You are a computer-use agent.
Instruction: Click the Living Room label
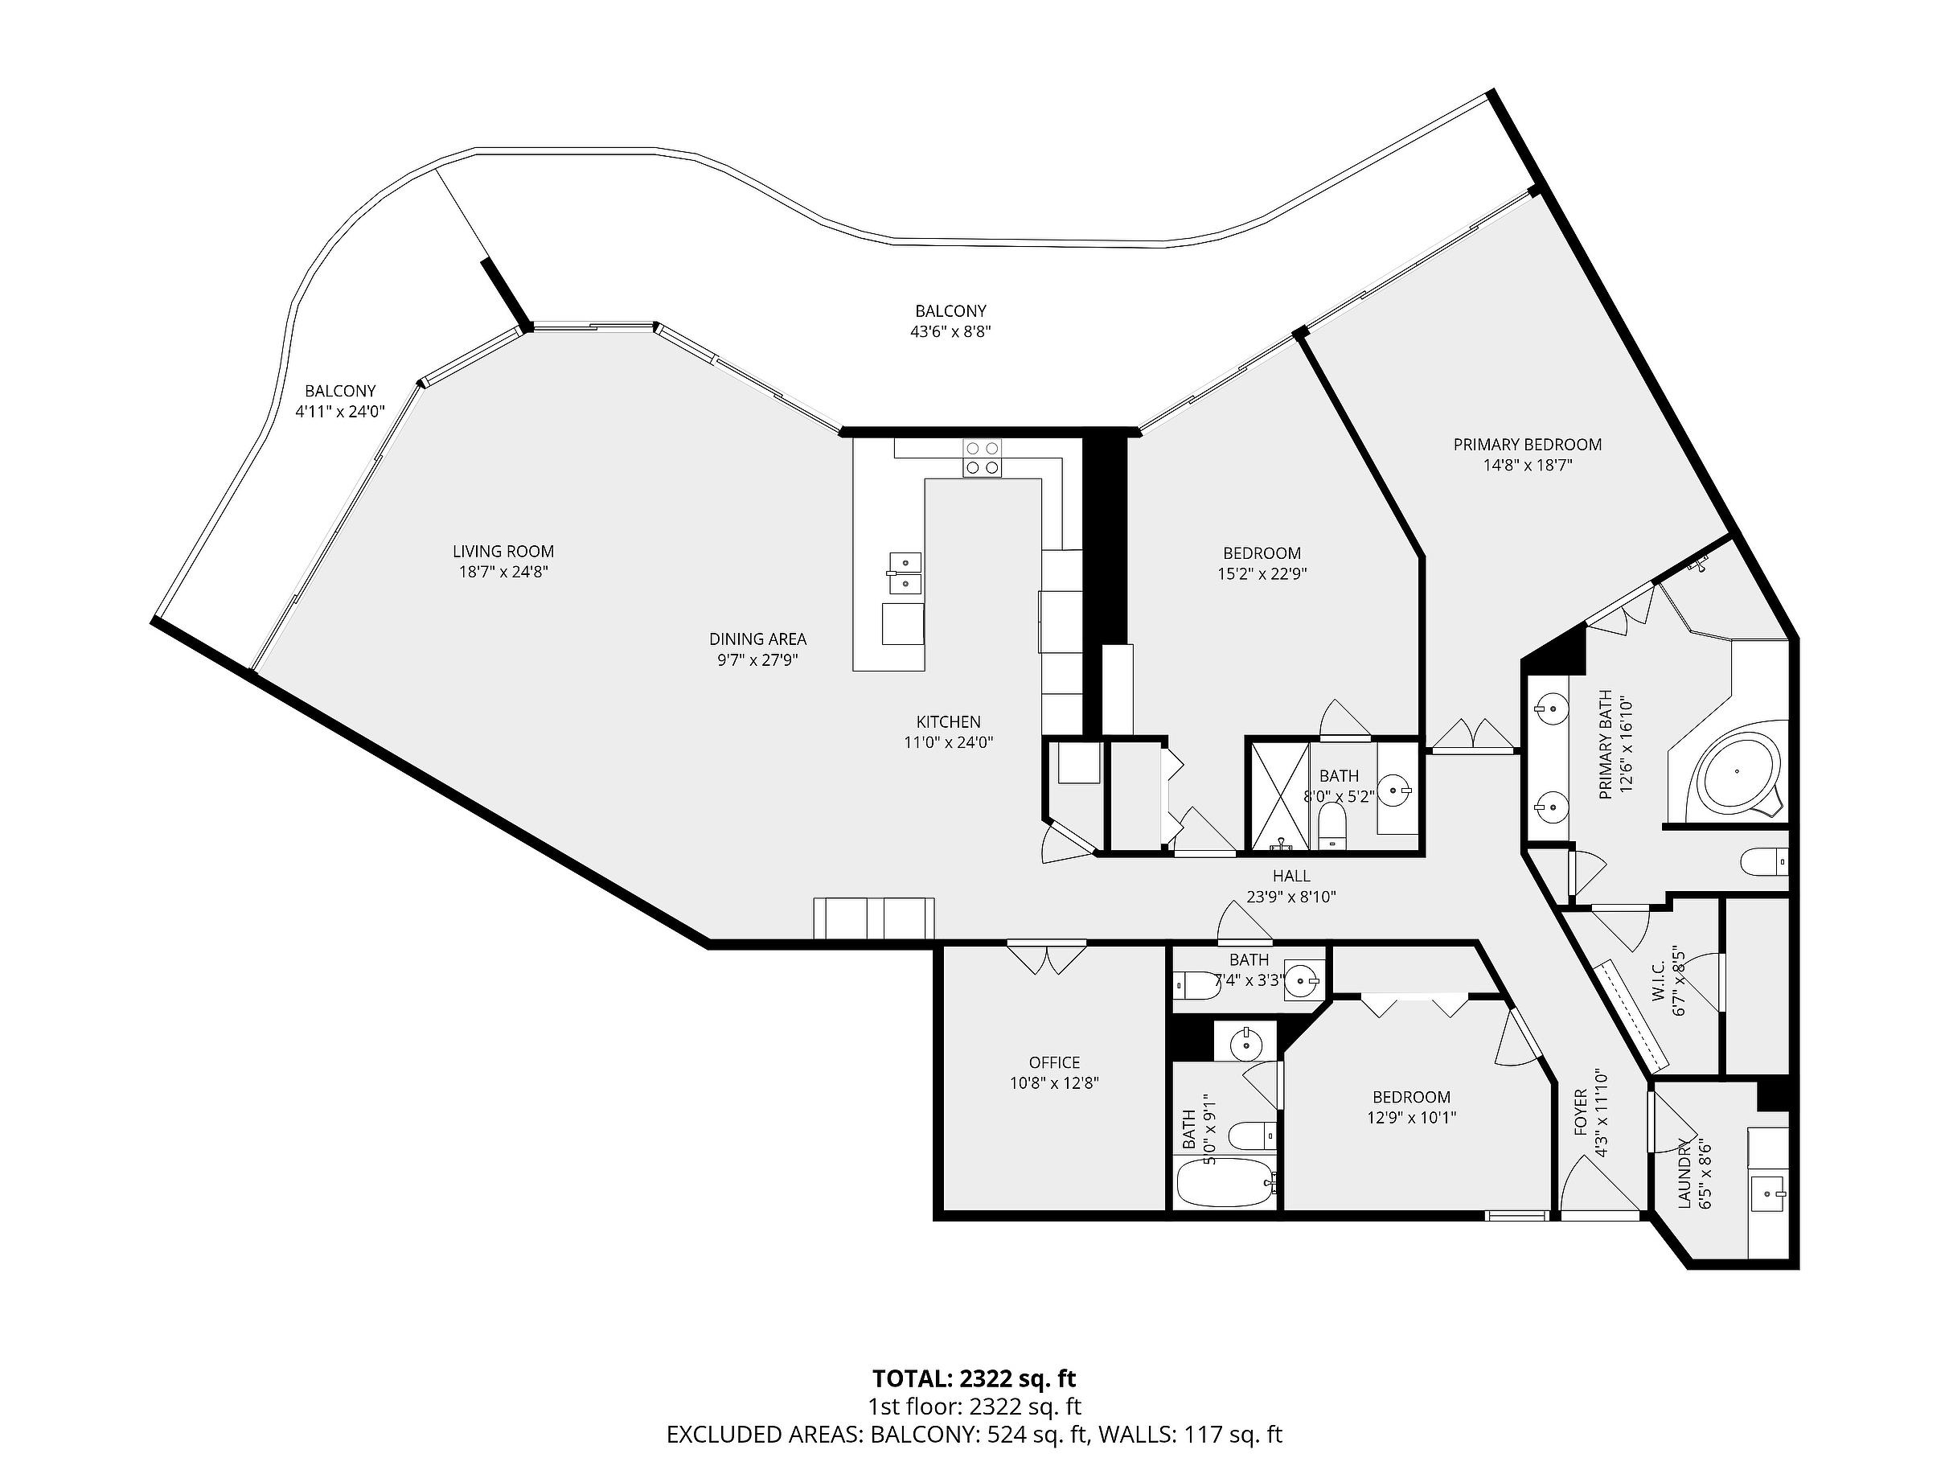coord(503,552)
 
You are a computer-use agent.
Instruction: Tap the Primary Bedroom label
coord(1527,445)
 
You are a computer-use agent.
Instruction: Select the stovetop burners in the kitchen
coord(982,458)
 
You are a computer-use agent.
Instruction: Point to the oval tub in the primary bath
coord(1737,772)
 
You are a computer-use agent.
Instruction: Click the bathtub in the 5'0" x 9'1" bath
coord(1225,1183)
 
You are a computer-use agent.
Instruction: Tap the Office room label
coord(1054,1063)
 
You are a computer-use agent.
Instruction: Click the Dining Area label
coord(757,639)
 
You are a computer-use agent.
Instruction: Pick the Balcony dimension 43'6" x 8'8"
coord(950,332)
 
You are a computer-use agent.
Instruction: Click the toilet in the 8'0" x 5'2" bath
coord(1333,828)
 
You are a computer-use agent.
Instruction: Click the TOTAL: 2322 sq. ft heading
coord(974,1378)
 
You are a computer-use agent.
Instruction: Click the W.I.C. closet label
coord(1657,982)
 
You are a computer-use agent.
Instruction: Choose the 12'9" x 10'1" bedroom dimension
coord(1412,1118)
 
